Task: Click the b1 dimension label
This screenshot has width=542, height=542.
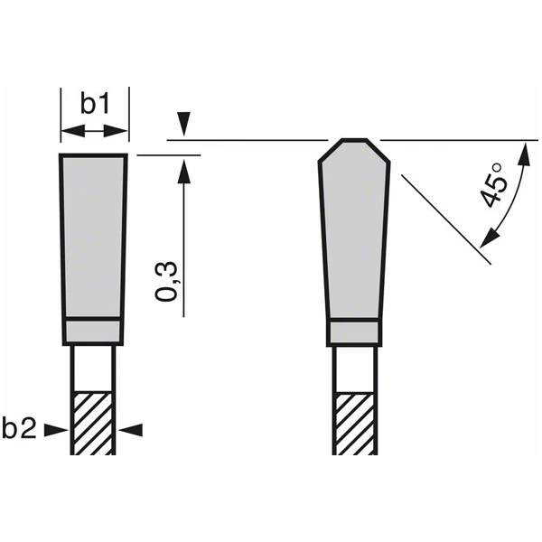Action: pyautogui.click(x=95, y=104)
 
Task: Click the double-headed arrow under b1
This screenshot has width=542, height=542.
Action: pyautogui.click(x=95, y=131)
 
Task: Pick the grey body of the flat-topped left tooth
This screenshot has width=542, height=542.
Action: pyautogui.click(x=94, y=235)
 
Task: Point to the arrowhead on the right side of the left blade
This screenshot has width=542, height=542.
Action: pyautogui.click(x=130, y=431)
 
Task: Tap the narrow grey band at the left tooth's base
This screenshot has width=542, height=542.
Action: pyautogui.click(x=94, y=332)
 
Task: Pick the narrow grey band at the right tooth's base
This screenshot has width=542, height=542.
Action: pyautogui.click(x=354, y=332)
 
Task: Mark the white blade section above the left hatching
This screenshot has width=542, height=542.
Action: pyautogui.click(x=94, y=369)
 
